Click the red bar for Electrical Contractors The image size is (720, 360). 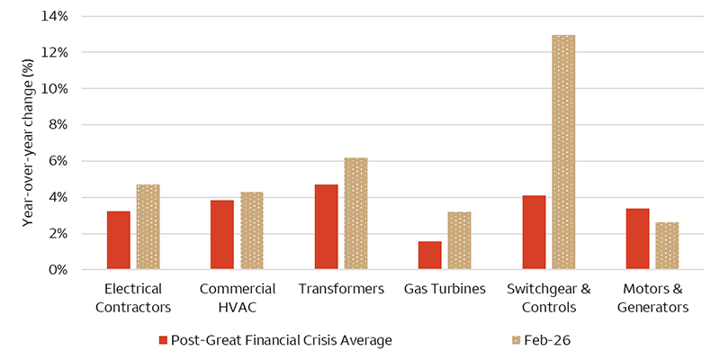tap(118, 240)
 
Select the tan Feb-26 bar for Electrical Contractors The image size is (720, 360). tap(148, 227)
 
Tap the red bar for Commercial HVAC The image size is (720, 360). tap(222, 235)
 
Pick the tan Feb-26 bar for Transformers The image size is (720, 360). tap(355, 213)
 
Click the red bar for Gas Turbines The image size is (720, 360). tap(429, 256)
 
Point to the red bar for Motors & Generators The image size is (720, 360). tap(637, 238)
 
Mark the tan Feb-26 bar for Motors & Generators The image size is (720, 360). tap(667, 246)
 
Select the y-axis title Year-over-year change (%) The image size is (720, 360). tap(29, 142)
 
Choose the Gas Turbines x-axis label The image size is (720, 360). tap(445, 289)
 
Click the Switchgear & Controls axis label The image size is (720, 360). tap(548, 298)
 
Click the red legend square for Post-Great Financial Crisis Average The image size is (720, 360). tap(163, 340)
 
